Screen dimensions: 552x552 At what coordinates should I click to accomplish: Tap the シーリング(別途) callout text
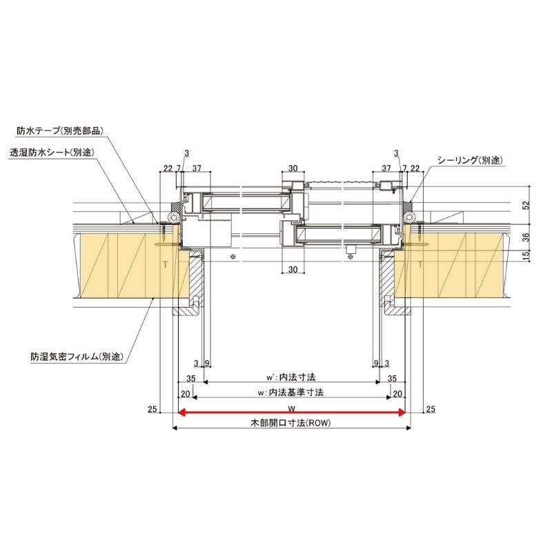point(469,159)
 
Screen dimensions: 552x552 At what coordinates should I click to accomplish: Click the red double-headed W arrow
point(290,413)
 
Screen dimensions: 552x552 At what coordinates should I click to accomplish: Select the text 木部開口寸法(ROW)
point(290,423)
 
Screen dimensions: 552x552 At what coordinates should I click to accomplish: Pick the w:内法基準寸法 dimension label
point(290,393)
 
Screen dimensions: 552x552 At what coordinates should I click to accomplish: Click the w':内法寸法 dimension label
point(290,378)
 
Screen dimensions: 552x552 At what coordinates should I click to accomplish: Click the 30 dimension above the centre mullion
point(293,168)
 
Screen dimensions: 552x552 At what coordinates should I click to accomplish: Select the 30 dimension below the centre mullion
point(293,268)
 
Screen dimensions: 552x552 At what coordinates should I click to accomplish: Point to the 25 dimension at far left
point(152,410)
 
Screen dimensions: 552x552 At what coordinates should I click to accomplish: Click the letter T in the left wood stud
point(164,264)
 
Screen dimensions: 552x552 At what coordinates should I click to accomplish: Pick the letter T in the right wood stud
point(420,264)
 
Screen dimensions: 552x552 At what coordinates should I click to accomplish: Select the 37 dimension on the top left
point(196,168)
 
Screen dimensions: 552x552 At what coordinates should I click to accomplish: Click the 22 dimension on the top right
point(415,168)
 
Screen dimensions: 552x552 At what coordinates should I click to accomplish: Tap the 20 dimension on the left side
point(185,393)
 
